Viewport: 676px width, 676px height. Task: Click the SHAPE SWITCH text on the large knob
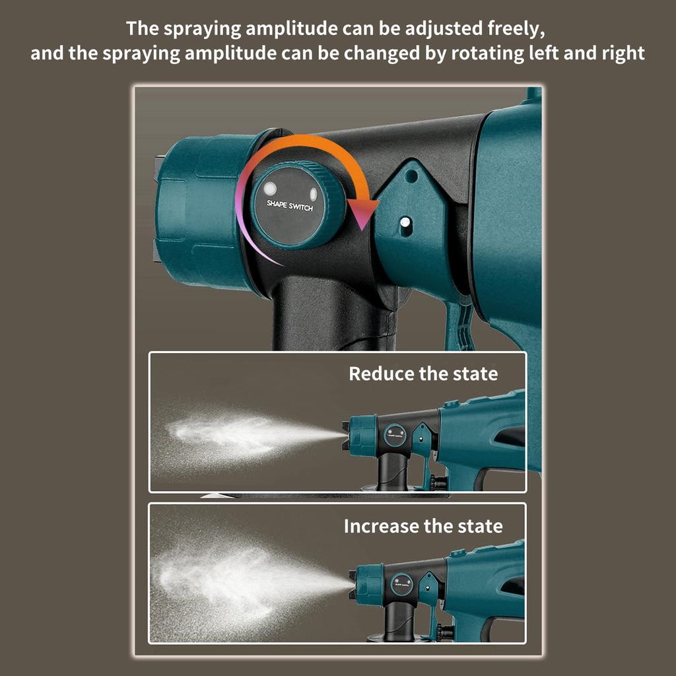tap(290, 205)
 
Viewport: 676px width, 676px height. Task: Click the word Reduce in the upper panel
tap(382, 374)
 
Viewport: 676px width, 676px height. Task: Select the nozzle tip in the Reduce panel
tap(345, 436)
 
